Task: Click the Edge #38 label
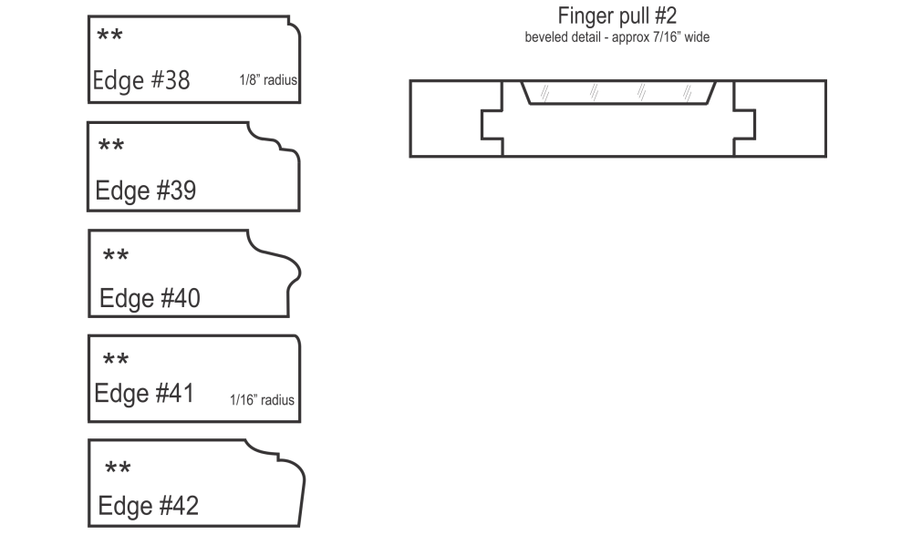141,80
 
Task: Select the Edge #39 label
145,190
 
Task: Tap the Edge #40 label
150,298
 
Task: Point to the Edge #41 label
144,393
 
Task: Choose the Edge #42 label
149,505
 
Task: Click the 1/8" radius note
268,80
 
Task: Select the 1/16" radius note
262,400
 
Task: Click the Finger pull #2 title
617,15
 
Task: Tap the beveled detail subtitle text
617,37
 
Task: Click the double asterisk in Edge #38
110,36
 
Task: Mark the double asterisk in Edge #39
111,145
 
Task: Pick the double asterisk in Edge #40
116,254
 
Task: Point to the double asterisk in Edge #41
116,359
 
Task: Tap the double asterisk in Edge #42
118,467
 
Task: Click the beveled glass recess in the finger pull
617,92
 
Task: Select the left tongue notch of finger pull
492,125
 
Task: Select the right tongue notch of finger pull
744,125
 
